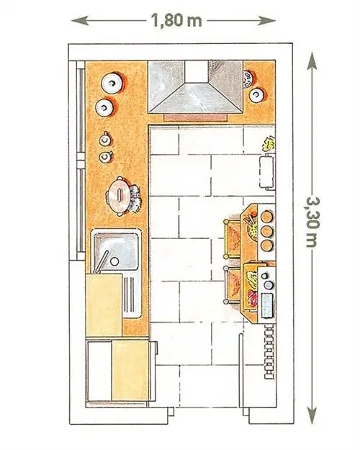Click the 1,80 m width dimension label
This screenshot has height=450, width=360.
pyautogui.click(x=176, y=21)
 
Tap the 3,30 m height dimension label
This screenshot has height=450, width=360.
pyautogui.click(x=312, y=222)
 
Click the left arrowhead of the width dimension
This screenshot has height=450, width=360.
pyautogui.click(x=80, y=21)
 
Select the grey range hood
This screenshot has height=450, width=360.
pyautogui.click(x=196, y=88)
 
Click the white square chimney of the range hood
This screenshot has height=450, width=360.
pyautogui.click(x=196, y=71)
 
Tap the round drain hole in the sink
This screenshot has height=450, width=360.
pyautogui.click(x=114, y=261)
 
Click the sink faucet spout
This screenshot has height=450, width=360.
pyautogui.click(x=102, y=261)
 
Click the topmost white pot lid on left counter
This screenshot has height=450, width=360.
pyautogui.click(x=112, y=83)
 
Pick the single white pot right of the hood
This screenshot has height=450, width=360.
pyautogui.click(x=256, y=95)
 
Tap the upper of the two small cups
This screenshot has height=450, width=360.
pyautogui.click(x=105, y=140)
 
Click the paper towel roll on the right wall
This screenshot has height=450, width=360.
pyautogui.click(x=267, y=171)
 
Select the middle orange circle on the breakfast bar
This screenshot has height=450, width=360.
pyautogui.click(x=266, y=230)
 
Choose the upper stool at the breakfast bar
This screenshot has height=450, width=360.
pyautogui.click(x=232, y=239)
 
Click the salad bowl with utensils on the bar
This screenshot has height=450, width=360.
pyautogui.click(x=252, y=227)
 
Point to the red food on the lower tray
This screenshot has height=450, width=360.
pyautogui.click(x=252, y=299)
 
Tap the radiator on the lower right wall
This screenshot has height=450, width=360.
pyautogui.click(x=269, y=352)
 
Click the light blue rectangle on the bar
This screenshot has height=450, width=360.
pyautogui.click(x=266, y=305)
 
